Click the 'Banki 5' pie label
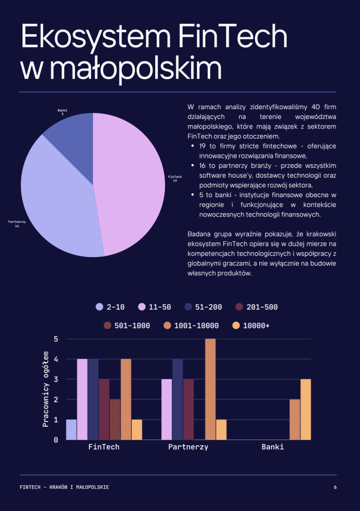(x=62, y=112)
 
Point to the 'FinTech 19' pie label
(x=175, y=178)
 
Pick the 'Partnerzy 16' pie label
(x=17, y=224)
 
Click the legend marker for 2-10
(x=99, y=307)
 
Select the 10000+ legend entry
(x=251, y=326)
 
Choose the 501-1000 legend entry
(x=127, y=326)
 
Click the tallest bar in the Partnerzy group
(x=210, y=389)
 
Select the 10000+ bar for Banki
(x=306, y=409)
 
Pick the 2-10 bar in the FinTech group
(x=71, y=430)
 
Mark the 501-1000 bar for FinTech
(x=115, y=419)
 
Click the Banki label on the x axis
(x=272, y=447)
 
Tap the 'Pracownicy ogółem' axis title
(x=45, y=389)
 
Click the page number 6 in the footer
(x=335, y=487)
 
